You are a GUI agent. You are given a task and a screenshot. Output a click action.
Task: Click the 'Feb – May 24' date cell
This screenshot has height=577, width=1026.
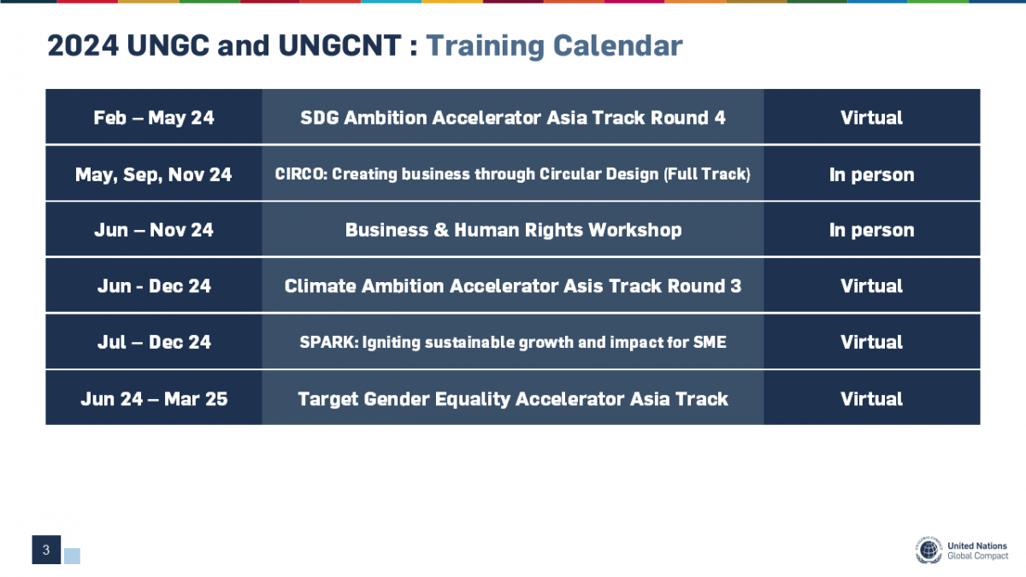point(154,118)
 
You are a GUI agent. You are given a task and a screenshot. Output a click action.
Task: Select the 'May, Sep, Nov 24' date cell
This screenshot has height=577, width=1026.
point(154,174)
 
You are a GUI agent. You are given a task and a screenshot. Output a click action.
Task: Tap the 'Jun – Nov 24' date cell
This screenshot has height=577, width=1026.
point(154,230)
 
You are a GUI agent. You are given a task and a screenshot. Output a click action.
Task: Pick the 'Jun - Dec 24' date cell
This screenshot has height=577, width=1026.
point(154,286)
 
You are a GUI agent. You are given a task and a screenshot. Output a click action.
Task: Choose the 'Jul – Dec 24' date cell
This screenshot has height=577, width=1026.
point(154,342)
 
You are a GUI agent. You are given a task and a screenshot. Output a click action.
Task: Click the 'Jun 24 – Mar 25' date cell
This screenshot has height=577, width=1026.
point(154,399)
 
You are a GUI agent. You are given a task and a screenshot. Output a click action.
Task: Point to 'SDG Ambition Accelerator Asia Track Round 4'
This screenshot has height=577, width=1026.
point(513,118)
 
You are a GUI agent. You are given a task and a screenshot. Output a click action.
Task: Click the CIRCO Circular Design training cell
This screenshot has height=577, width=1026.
point(513,174)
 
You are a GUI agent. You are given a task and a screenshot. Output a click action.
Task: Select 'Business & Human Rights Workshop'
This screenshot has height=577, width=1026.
point(513,230)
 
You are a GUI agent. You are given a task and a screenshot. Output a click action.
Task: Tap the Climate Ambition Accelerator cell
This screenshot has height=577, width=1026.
point(513,286)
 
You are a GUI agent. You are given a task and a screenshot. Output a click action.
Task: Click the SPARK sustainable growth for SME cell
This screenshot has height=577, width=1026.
point(513,342)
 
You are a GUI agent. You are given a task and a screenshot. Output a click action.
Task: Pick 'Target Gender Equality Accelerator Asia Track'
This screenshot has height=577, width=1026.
point(513,399)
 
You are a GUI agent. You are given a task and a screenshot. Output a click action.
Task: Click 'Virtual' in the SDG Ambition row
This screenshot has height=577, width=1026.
point(871,118)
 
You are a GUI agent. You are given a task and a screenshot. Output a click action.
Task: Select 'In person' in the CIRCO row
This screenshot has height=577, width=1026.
point(871,174)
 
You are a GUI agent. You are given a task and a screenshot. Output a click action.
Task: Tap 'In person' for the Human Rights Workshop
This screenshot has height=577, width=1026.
point(871,230)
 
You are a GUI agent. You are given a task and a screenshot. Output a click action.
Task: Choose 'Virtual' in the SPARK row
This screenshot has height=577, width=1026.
point(871,342)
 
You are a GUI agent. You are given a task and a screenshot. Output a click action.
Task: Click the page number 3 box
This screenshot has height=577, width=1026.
point(46,550)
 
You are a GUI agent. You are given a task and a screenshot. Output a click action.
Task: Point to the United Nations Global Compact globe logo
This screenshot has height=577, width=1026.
point(929,550)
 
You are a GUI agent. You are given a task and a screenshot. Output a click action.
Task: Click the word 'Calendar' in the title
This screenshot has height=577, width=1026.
point(618,46)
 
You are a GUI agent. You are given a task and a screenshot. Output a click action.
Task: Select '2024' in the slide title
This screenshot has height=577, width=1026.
point(83,46)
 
